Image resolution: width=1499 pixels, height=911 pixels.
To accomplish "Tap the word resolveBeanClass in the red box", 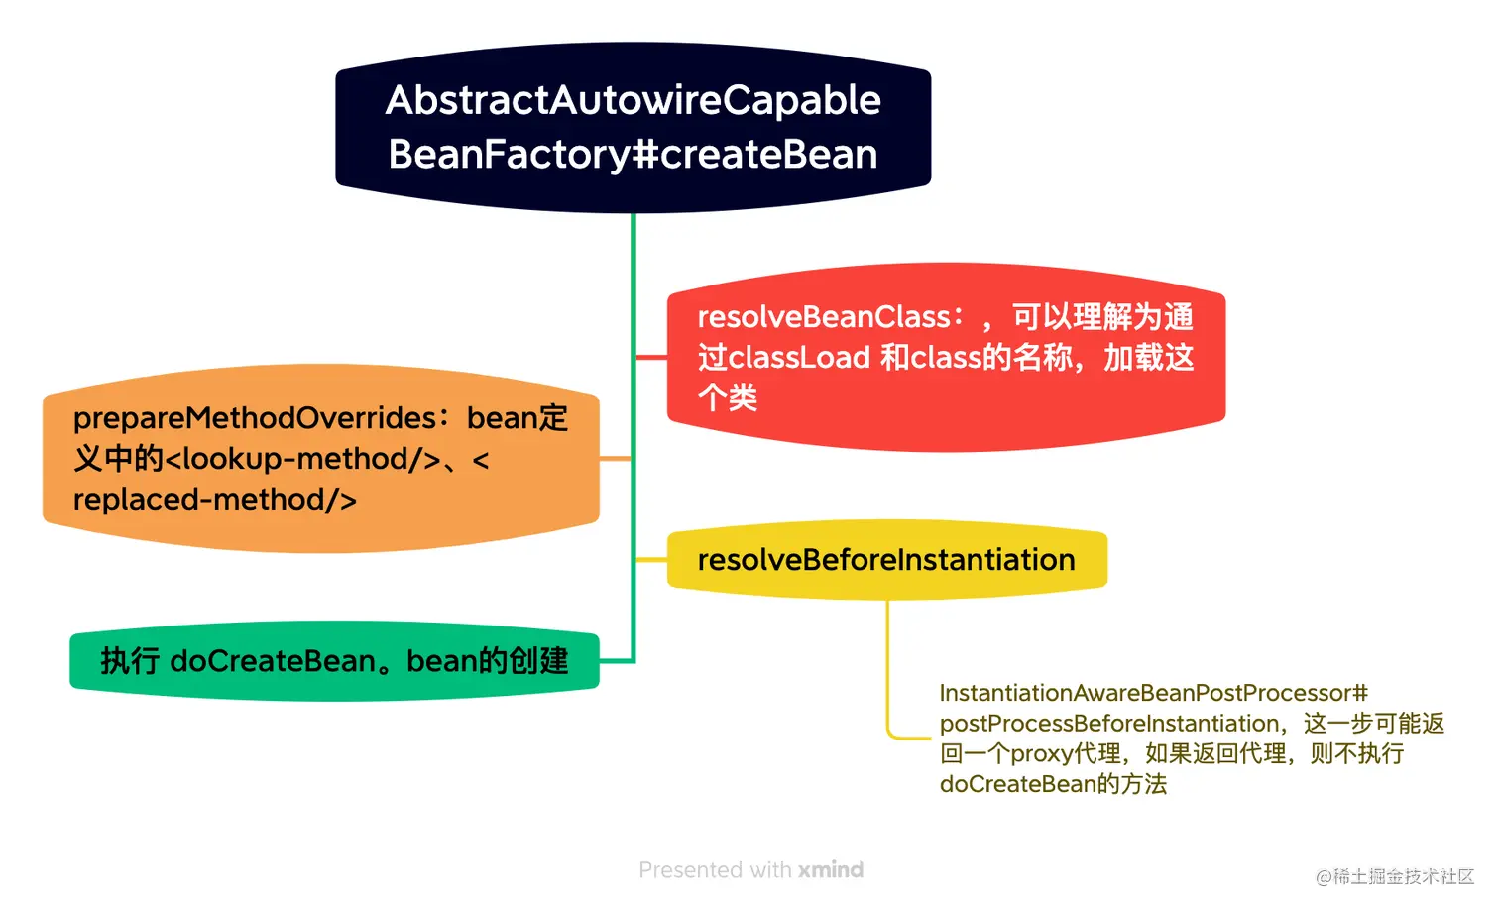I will coord(824,317).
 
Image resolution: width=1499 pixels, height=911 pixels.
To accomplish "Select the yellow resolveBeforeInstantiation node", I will coord(886,560).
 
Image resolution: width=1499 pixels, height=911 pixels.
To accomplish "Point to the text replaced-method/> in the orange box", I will coord(214,500).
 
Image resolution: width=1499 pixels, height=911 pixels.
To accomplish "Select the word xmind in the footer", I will coord(831,870).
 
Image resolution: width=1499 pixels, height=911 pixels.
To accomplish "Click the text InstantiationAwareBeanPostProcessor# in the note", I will coord(1153,693).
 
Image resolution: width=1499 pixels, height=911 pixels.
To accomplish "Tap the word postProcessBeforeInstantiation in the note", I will coord(1109,724).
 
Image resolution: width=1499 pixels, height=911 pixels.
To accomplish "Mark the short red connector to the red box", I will coord(650,357).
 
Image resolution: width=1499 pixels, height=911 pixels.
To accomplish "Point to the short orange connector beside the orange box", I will coord(615,458).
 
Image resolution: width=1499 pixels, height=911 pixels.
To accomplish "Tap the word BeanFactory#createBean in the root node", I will coord(633,155).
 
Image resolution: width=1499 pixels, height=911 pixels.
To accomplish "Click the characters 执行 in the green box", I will coord(129,661).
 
